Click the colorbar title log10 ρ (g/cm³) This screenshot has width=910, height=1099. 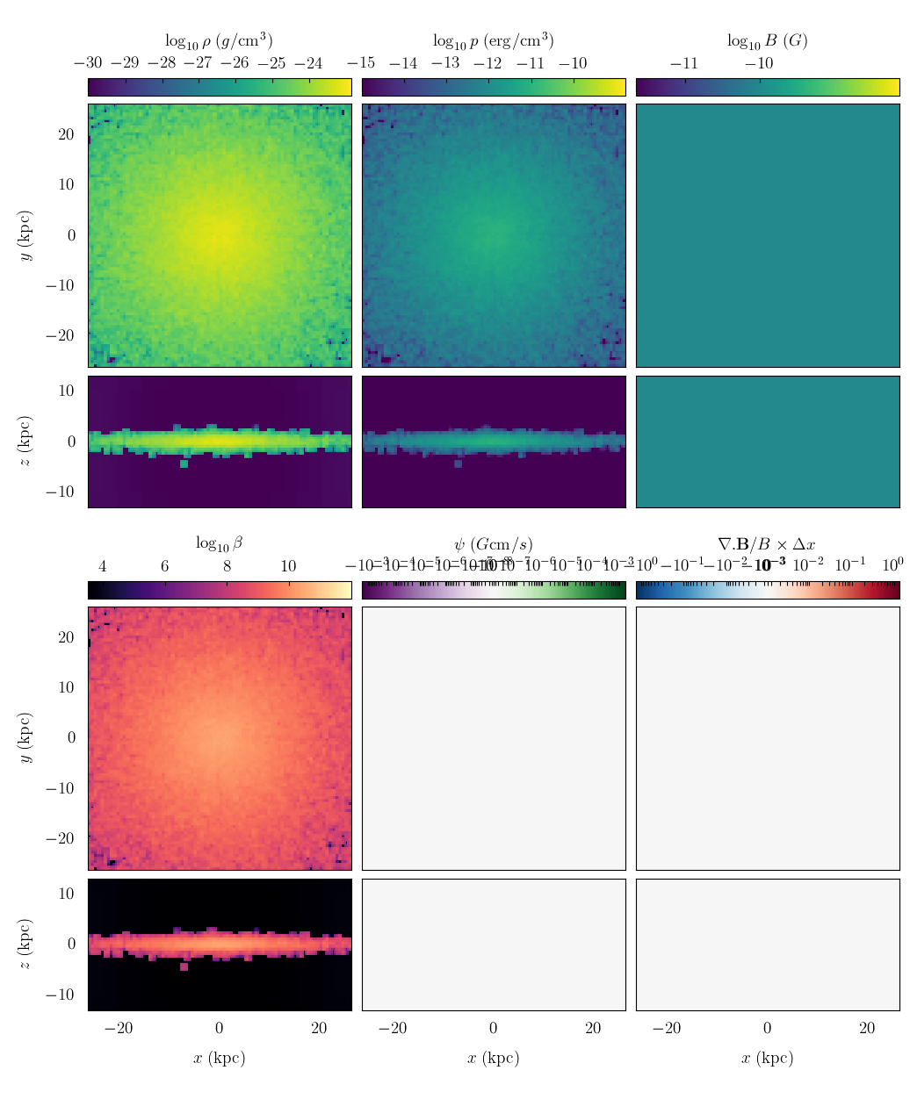pyautogui.click(x=219, y=40)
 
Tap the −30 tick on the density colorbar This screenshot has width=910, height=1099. pyautogui.click(x=88, y=63)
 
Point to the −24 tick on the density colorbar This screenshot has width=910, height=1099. pyautogui.click(x=308, y=63)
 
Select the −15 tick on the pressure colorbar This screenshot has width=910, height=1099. pyautogui.click(x=362, y=63)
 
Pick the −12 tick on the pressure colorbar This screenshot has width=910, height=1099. pyautogui.click(x=488, y=63)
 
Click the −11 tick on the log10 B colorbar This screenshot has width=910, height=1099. pyautogui.click(x=684, y=63)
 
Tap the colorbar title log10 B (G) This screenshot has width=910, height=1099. pyautogui.click(x=767, y=40)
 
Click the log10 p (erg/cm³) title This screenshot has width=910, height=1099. pyautogui.click(x=493, y=40)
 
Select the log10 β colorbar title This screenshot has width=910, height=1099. pyautogui.click(x=219, y=544)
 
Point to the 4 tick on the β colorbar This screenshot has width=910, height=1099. pyautogui.click(x=103, y=566)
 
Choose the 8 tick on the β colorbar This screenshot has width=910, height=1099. pyautogui.click(x=227, y=566)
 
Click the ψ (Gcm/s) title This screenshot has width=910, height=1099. pyautogui.click(x=493, y=544)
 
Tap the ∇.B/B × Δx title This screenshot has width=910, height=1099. pyautogui.click(x=767, y=544)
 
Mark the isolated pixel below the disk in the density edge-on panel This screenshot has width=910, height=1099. pyautogui.click(x=184, y=463)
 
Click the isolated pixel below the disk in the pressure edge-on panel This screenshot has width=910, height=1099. pyautogui.click(x=458, y=463)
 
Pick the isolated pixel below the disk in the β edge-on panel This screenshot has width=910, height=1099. pyautogui.click(x=184, y=966)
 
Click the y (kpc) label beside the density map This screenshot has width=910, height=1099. pyautogui.click(x=26, y=235)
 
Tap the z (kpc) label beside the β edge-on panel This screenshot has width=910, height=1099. pyautogui.click(x=26, y=945)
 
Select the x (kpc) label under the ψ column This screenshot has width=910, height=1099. pyautogui.click(x=493, y=1058)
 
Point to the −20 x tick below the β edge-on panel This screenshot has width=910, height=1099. pyautogui.click(x=119, y=1029)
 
